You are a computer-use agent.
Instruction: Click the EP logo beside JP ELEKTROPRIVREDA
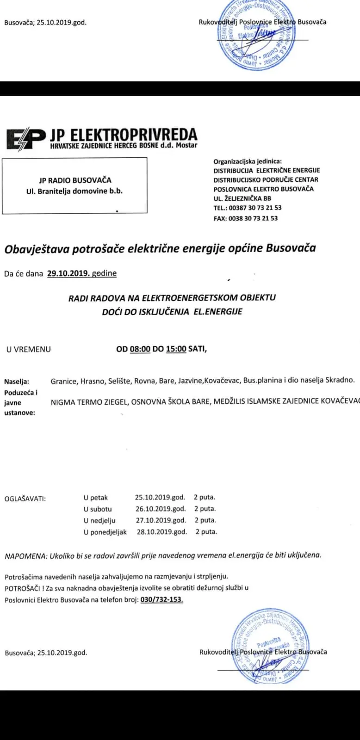25,139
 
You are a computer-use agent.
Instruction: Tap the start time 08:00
140,349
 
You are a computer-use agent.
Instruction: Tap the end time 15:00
176,349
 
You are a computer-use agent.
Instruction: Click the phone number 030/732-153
161,600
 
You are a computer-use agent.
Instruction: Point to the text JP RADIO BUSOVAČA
75,180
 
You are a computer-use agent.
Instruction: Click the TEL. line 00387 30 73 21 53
248,208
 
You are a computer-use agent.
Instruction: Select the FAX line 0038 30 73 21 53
246,218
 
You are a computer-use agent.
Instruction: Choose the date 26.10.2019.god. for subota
160,509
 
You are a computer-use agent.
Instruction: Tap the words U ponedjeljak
105,532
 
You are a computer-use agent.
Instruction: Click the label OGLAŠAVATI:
25,499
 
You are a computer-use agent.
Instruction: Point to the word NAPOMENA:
25,555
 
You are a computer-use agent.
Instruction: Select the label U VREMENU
29,350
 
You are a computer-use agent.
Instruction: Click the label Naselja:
17,382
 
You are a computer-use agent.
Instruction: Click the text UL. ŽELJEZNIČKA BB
242,198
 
